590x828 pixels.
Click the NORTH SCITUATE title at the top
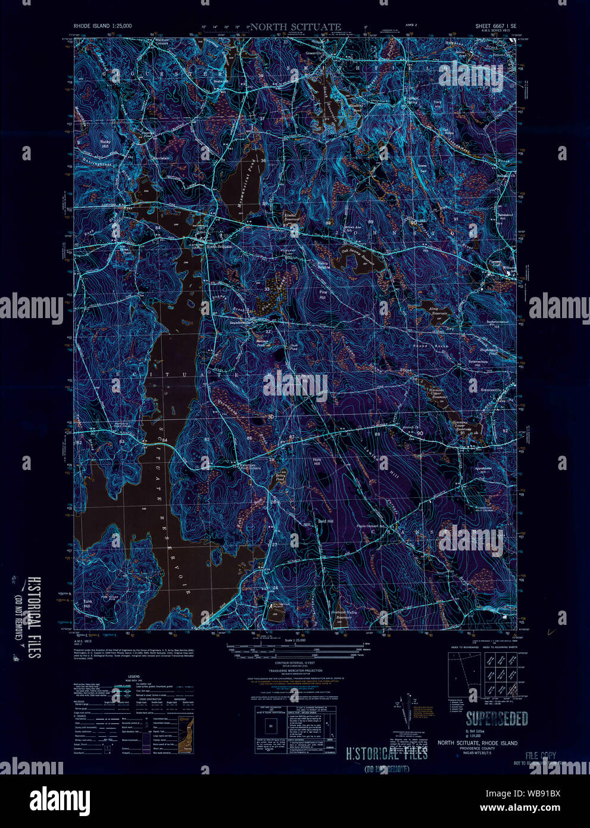[295, 27]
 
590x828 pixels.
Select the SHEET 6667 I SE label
[495, 27]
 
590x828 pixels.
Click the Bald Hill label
[326, 521]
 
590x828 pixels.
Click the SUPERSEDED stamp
[497, 719]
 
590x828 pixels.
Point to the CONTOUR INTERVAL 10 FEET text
[295, 663]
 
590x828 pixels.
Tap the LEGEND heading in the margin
[133, 677]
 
